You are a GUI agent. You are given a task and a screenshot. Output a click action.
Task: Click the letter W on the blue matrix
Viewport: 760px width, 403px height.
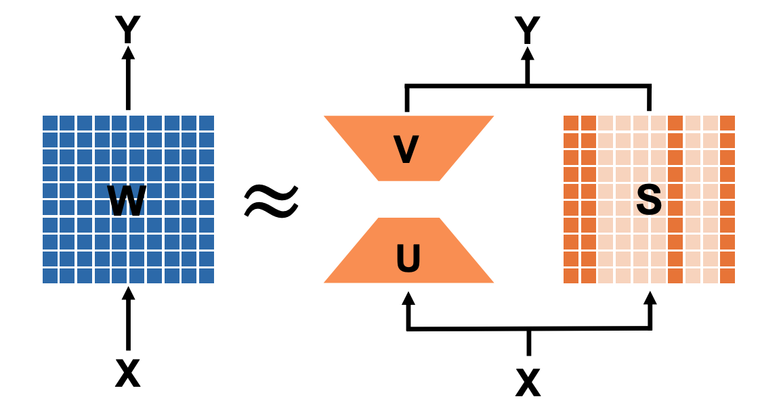tap(127, 201)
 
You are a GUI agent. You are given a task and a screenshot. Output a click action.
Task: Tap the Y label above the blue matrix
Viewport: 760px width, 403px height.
tap(127, 28)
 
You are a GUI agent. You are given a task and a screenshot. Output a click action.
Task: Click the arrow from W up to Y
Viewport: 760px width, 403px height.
tap(127, 78)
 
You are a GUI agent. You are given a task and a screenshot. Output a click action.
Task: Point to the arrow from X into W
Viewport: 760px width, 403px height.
tap(127, 318)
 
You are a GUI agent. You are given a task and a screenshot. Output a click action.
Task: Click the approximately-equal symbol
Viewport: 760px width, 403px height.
tap(270, 201)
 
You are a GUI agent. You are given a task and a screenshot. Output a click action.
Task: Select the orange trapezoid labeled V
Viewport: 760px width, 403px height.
tap(408, 148)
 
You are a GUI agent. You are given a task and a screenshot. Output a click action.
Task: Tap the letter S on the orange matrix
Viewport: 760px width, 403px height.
tap(649, 201)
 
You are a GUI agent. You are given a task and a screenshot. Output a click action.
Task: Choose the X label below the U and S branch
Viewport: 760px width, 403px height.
tap(528, 382)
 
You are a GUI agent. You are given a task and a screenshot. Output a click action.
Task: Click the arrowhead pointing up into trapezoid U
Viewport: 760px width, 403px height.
tap(408, 298)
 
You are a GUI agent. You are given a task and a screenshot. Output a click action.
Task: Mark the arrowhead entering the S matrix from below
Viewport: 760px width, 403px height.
tap(650, 298)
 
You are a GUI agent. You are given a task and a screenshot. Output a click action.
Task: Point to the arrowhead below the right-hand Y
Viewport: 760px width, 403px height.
tap(527, 55)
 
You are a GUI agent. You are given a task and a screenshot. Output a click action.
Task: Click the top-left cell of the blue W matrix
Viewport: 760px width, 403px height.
tap(49, 123)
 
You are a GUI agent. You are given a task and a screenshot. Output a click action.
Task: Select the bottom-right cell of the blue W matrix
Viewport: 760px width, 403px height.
tap(207, 276)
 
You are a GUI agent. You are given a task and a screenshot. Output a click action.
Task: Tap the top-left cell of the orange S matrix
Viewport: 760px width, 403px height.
tap(571, 123)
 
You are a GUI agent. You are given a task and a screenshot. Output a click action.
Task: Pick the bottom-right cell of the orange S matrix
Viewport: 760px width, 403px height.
tap(727, 276)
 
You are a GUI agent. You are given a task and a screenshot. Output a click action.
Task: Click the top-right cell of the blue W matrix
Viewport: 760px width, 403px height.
tap(207, 123)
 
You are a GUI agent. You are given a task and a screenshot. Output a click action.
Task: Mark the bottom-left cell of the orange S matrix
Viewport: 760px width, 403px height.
tap(571, 276)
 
